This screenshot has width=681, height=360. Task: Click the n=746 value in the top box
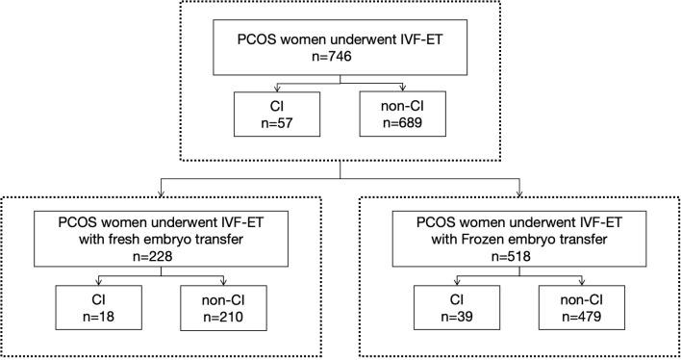339,57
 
